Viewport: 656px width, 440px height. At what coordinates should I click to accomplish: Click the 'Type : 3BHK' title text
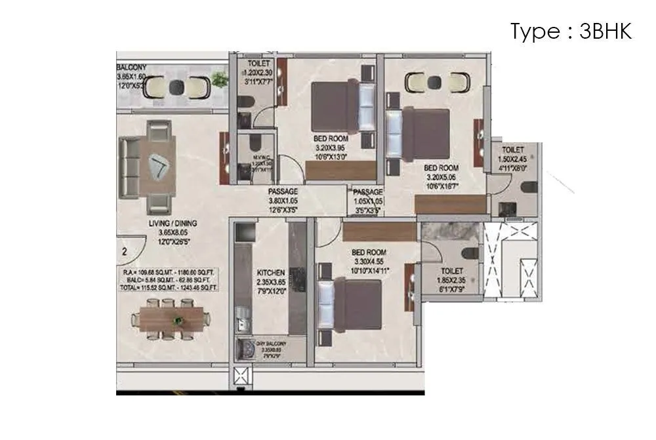[x=571, y=31]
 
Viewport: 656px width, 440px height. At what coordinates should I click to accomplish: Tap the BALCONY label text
[x=132, y=68]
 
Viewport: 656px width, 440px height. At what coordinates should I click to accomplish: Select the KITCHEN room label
[x=271, y=271]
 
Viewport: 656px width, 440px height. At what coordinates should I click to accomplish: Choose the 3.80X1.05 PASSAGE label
[x=283, y=191]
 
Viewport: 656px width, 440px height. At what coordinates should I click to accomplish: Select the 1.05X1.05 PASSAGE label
[x=368, y=191]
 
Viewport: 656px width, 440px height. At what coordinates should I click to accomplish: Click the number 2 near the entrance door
[x=123, y=250]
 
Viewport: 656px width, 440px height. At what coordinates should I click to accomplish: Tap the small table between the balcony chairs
[x=176, y=86]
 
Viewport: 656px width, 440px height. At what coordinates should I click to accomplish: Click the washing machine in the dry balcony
[x=249, y=350]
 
